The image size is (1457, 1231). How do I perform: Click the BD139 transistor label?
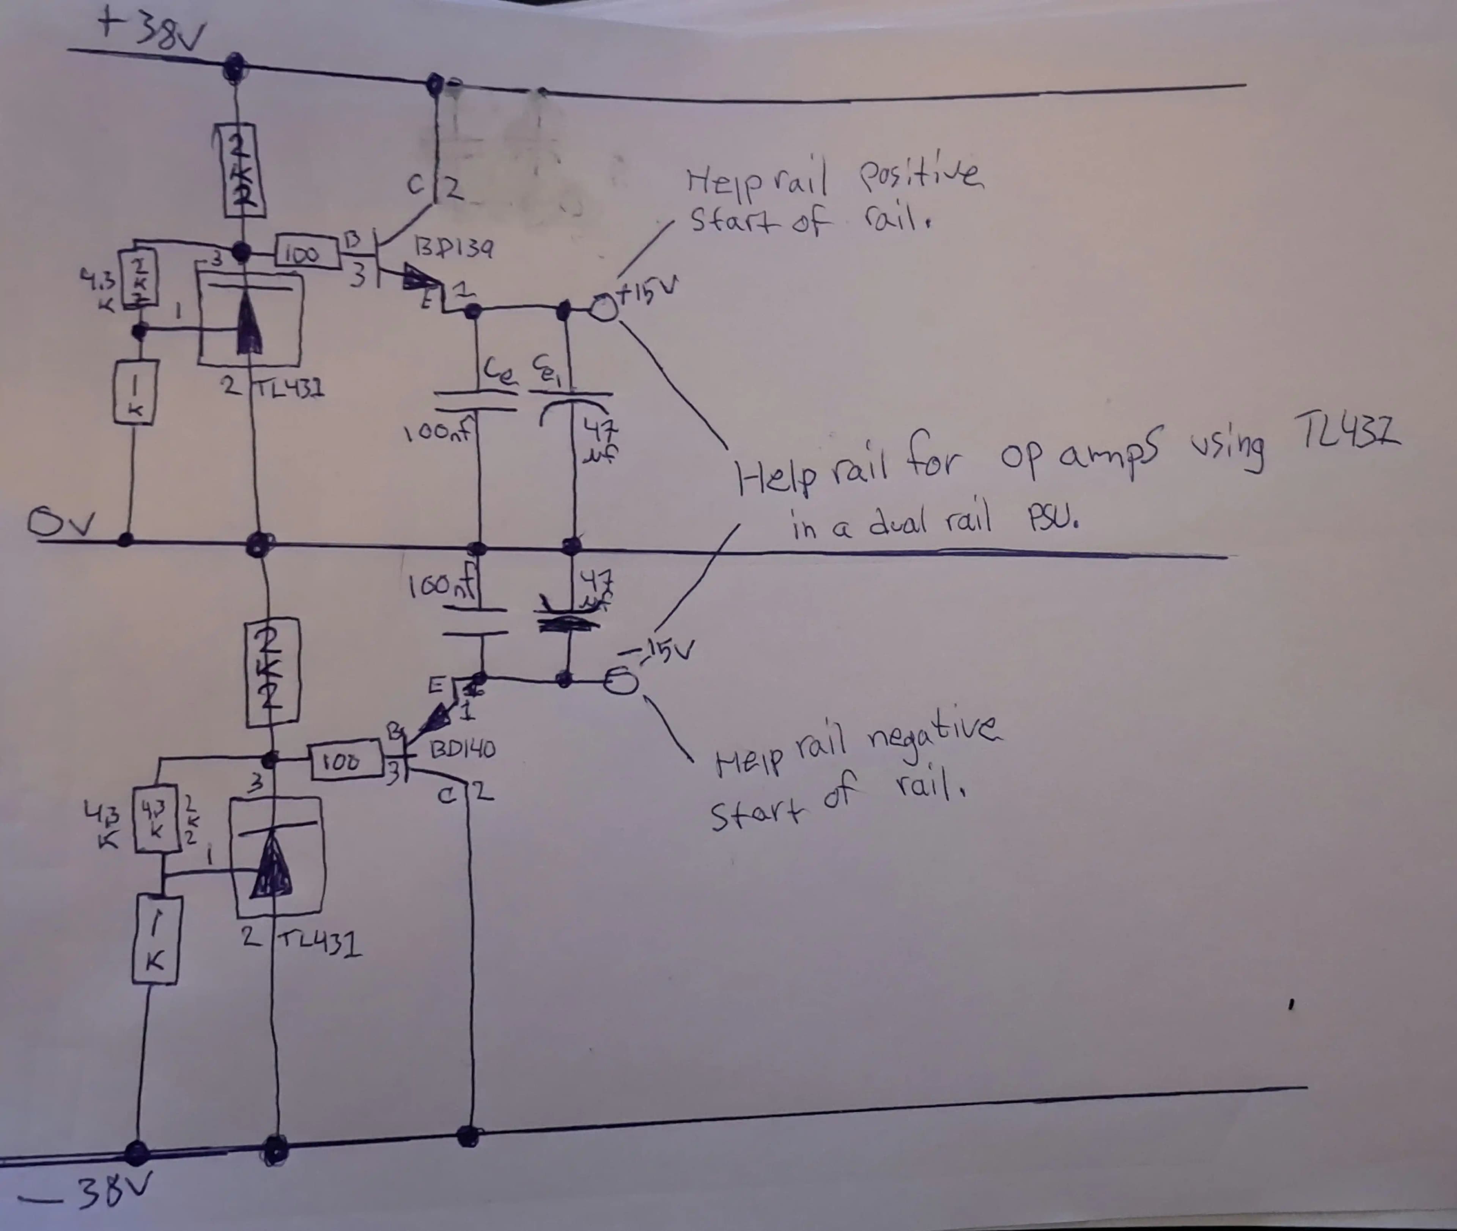coord(453,247)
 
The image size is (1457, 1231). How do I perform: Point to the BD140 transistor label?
coord(463,750)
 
